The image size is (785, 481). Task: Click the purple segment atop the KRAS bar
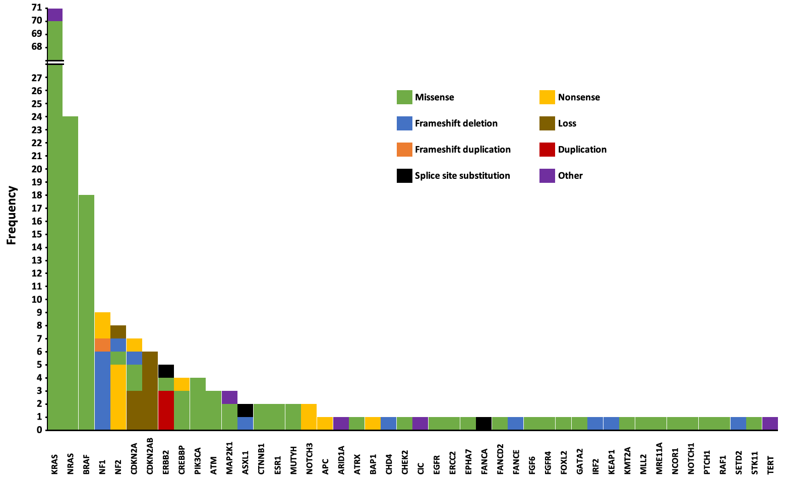[54, 15]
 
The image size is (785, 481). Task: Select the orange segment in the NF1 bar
[102, 345]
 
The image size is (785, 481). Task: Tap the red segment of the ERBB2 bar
[166, 410]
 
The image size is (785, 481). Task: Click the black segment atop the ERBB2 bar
[166, 371]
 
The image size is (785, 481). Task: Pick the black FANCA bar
[484, 424]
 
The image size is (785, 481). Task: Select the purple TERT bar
[770, 424]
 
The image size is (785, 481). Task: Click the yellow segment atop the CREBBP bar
[182, 384]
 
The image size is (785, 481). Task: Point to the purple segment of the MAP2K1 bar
[229, 397]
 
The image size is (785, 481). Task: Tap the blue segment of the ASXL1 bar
[245, 424]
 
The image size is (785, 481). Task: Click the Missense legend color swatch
[404, 97]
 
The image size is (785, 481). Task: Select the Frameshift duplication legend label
[462, 150]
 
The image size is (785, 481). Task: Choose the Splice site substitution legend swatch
[404, 176]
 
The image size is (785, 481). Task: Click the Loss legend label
[567, 123]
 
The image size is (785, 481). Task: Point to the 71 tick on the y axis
[36, 8]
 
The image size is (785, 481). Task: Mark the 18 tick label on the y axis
[36, 195]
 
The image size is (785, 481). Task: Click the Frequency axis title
[12, 215]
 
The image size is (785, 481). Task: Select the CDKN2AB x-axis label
[150, 459]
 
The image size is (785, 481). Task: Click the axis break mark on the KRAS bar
[54, 62]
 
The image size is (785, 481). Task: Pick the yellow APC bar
[325, 424]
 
